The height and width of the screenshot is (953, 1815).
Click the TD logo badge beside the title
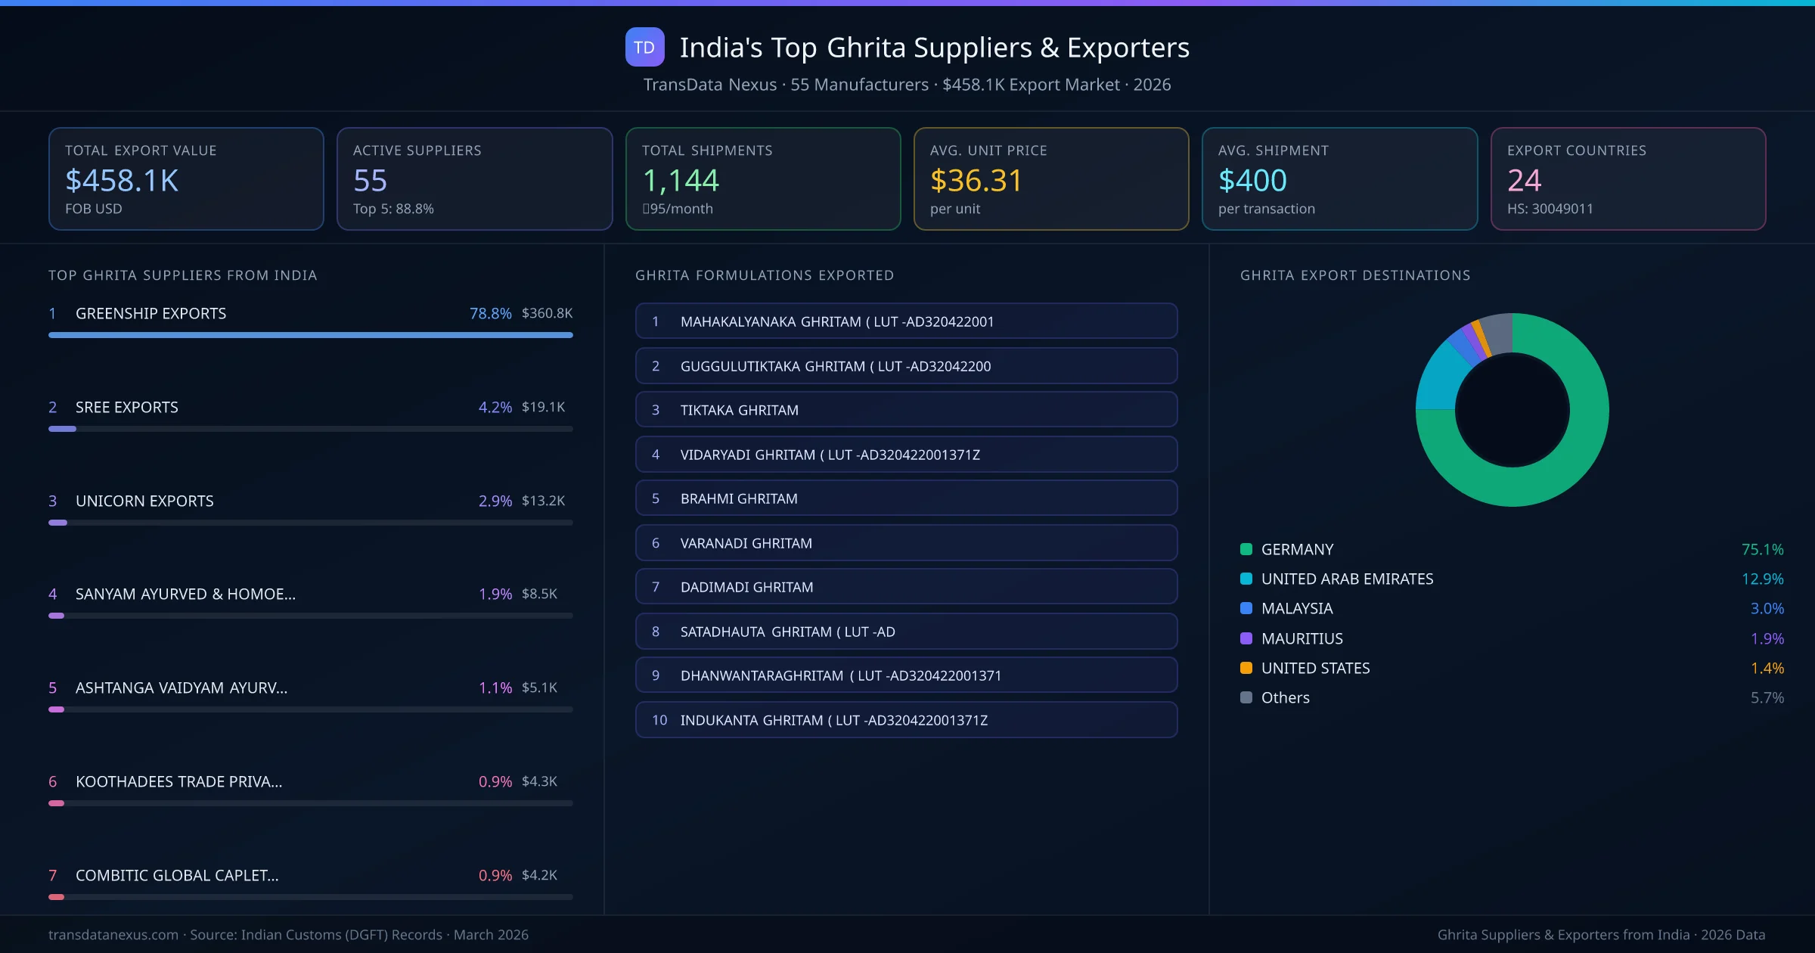644,48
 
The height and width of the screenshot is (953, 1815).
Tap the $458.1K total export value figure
122,181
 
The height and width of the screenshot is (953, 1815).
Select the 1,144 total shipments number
680,181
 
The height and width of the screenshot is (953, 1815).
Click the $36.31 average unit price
976,181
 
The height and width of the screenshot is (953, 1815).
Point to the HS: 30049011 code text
1550,209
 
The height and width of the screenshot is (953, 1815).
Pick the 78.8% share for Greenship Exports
490,313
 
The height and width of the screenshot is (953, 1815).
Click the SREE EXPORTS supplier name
127,407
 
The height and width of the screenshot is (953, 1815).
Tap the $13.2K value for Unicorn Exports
543,501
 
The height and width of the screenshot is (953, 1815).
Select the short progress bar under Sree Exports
63,429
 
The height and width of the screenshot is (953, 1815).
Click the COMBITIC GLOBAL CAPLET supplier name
177,875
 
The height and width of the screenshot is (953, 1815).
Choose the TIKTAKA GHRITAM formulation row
906,410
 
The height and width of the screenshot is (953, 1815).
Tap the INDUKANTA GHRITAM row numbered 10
906,720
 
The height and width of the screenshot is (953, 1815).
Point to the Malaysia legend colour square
1246,609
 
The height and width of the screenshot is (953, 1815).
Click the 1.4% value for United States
1767,668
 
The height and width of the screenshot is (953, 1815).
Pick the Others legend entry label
1285,697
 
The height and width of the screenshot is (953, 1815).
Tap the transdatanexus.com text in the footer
113,935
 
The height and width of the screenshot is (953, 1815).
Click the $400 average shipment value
1252,181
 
